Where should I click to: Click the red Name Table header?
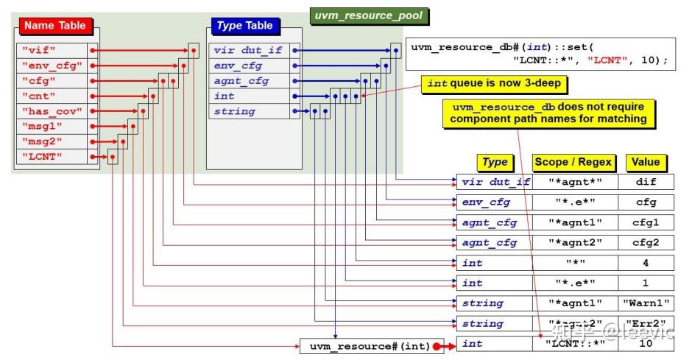55,27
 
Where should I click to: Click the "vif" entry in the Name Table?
51,51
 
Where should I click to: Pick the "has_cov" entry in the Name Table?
51,110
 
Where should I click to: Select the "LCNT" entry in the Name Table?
51,156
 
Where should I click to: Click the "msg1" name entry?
51,126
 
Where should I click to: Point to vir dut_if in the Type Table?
247,51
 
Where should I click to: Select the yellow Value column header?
646,162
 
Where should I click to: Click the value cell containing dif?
646,182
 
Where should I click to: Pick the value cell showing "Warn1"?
646,303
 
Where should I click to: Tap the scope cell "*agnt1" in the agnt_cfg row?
575,222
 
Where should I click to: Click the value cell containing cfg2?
646,243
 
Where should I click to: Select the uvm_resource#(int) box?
365,345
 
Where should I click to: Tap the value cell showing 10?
646,344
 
